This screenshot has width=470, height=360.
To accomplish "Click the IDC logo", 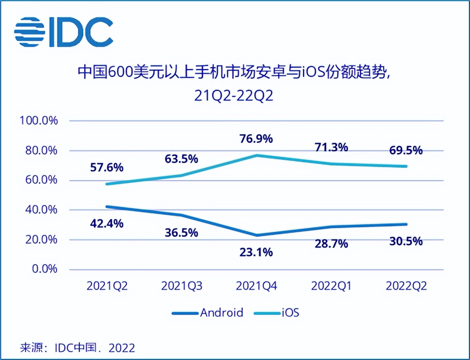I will point(63,32).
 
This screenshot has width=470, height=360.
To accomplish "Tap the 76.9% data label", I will point(257,139).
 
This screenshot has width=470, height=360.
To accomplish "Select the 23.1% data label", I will point(257,252).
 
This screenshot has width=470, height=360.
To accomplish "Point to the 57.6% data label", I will point(107,167).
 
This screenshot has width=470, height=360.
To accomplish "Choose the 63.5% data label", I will point(182,159).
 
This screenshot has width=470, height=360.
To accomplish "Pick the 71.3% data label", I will point(331,147).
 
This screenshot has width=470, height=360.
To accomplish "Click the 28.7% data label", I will point(331,244).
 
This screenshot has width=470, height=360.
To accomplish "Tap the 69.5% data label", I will point(406,150).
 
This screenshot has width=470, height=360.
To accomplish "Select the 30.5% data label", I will point(406,241).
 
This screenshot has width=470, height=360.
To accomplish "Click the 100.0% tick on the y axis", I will point(39,121).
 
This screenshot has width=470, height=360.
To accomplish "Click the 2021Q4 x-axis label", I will point(257,286).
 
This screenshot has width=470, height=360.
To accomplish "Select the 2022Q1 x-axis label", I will point(331,286).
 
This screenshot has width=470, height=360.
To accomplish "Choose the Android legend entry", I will point(208,313).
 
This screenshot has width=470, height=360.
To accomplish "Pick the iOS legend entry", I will point(277,313).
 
